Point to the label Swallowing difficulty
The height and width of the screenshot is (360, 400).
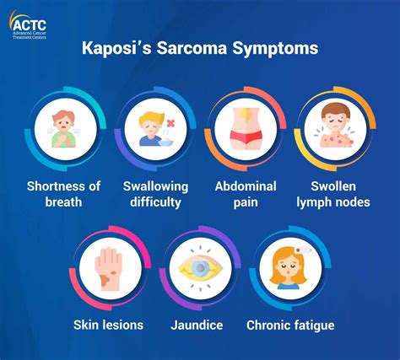[x=155, y=194]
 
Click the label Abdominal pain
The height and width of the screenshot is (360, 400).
[x=246, y=194]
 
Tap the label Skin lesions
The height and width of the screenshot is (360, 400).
[x=108, y=325]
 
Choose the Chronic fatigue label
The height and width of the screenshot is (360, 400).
[x=290, y=325]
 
